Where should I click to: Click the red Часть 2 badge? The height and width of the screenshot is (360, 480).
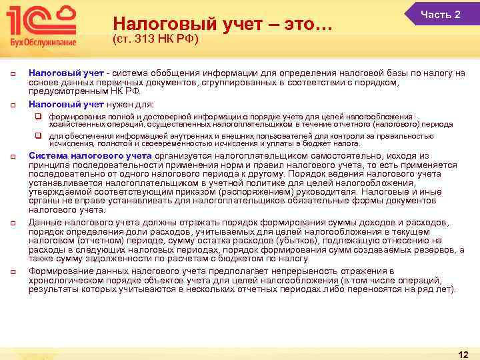[x=441, y=14]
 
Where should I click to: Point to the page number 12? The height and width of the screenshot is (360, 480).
[x=463, y=354]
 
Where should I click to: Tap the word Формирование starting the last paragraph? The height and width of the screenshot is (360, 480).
[x=59, y=271]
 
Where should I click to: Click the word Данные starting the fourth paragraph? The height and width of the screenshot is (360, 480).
[x=44, y=221]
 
